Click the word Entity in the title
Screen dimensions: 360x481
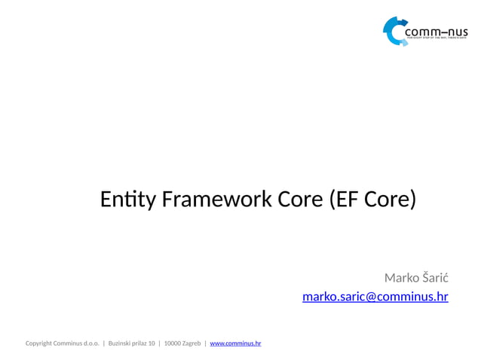[126, 200]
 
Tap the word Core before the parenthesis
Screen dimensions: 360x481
[302, 200]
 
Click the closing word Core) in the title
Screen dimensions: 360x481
[390, 200]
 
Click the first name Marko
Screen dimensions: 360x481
[400, 277]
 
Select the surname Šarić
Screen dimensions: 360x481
[434, 277]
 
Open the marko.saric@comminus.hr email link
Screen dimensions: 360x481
[375, 297]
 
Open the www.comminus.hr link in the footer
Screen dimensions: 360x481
[235, 343]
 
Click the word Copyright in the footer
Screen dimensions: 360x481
[38, 343]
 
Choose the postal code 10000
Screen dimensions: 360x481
[172, 343]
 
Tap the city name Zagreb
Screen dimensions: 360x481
[191, 343]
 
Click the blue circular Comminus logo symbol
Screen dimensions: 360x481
[394, 31]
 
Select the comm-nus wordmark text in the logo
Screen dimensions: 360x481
[436, 32]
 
